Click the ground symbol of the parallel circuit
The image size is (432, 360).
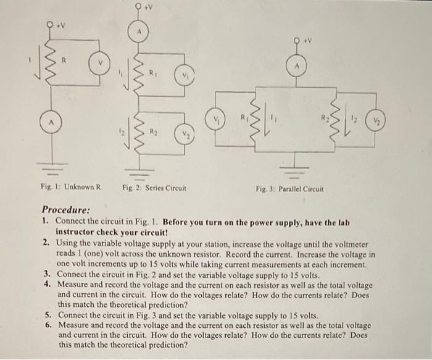click(297, 162)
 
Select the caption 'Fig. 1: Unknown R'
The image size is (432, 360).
click(69, 187)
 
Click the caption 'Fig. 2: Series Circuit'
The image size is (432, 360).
click(153, 187)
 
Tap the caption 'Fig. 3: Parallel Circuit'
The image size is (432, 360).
click(288, 188)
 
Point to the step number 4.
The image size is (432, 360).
click(47, 285)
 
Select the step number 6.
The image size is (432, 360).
click(47, 324)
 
